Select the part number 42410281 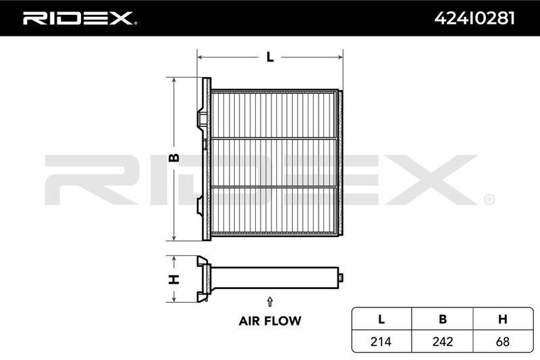coord(475,18)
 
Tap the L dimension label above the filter coord(270,57)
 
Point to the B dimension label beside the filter coord(174,157)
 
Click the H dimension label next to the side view coord(174,279)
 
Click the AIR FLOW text coord(269,321)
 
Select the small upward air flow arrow coord(270,301)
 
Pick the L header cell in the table coord(381,319)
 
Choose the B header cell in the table coord(443,319)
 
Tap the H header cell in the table coord(503,319)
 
